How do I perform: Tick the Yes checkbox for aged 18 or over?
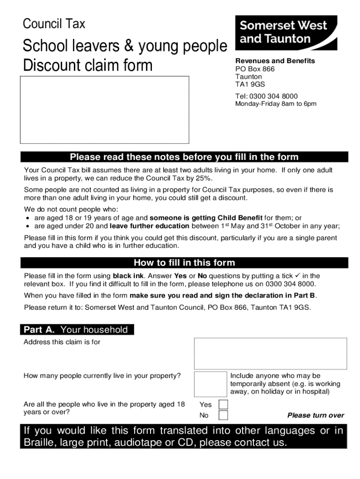[x=223, y=404]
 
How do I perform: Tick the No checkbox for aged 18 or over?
[x=223, y=415]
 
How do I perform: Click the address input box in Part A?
[x=270, y=353]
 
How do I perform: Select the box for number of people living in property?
[x=210, y=384]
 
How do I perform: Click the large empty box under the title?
[x=104, y=109]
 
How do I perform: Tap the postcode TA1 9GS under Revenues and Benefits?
[x=250, y=85]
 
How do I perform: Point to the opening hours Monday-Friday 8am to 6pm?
[x=275, y=104]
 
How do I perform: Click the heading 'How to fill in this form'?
[x=184, y=262]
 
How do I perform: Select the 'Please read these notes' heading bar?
[x=184, y=157]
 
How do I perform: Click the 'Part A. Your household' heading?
[x=77, y=330]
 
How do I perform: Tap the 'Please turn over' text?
[x=316, y=415]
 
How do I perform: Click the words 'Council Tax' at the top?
[x=54, y=23]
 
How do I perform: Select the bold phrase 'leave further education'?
[x=149, y=226]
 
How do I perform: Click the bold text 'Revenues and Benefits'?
[x=275, y=61]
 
